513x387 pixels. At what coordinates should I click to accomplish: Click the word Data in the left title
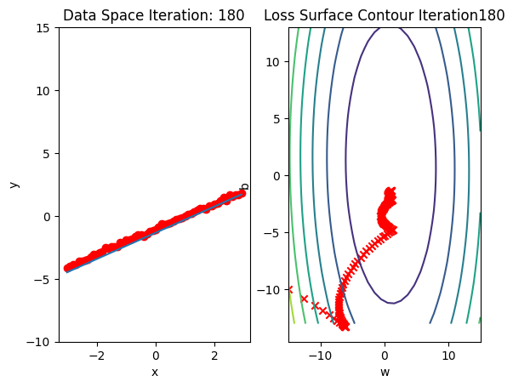tap(78, 15)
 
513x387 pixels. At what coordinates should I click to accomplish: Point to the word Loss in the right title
tap(278, 15)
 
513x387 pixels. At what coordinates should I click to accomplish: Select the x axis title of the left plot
tap(155, 372)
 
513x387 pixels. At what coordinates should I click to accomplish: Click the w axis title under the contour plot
tap(385, 372)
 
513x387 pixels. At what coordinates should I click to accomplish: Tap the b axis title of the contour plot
tap(245, 185)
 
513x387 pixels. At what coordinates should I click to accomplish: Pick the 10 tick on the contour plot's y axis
tap(274, 61)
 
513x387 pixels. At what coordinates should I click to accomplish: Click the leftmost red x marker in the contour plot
tap(290, 290)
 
